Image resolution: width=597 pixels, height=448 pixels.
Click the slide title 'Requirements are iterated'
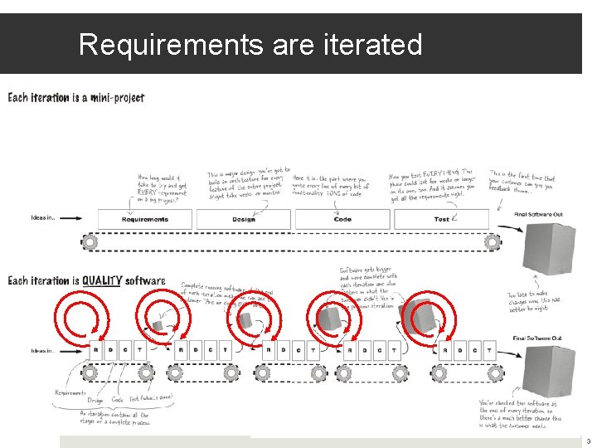pos(250,44)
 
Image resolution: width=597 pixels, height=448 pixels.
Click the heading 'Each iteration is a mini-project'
pos(76,98)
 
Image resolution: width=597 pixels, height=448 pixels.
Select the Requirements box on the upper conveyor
pos(145,219)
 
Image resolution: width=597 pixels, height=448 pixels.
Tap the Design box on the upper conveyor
pos(244,219)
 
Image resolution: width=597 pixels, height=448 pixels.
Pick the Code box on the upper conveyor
pos(342,219)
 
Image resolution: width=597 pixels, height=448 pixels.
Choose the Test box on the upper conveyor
pos(441,219)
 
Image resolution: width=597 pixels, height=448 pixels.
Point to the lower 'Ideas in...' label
pos(43,350)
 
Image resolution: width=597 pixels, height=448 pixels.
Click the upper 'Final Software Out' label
pos(537,214)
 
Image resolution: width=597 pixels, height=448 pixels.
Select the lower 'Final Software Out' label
pos(537,338)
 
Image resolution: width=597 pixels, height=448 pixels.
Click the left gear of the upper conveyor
pos(90,241)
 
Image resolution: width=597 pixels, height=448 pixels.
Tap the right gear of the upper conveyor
pos(493,241)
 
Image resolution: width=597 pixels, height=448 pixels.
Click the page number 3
pos(589,441)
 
